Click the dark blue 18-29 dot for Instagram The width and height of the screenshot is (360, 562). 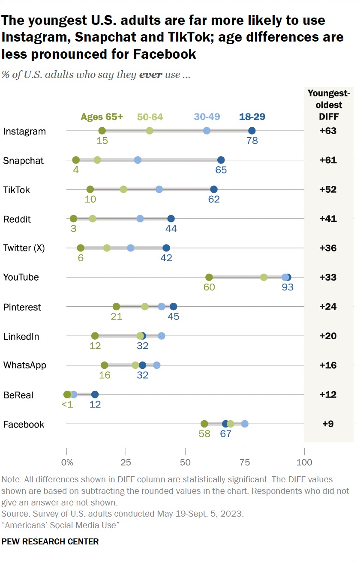[x=252, y=131]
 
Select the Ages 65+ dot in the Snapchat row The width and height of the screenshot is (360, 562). [x=76, y=160]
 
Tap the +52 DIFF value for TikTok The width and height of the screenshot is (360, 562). [x=328, y=189]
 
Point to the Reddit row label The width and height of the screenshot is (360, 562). [x=17, y=219]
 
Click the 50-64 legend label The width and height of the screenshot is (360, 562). [x=150, y=117]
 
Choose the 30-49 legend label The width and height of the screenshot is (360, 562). [x=207, y=117]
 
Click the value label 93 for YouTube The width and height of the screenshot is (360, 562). [x=287, y=287]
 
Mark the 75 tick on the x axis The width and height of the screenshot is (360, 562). [x=245, y=463]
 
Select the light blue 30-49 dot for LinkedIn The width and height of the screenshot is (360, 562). [x=162, y=336]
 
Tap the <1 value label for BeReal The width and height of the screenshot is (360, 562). [x=67, y=404]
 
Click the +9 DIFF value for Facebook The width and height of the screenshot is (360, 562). [x=328, y=424]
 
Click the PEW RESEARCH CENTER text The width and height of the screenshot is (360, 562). [x=50, y=541]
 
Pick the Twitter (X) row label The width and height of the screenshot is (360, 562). [x=24, y=248]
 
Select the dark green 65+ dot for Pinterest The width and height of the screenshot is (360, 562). [x=116, y=307]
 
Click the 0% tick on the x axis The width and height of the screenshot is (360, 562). [x=67, y=463]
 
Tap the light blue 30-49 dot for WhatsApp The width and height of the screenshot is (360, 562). [x=157, y=365]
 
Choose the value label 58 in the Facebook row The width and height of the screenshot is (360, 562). [x=204, y=434]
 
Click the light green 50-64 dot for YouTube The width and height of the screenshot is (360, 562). [x=264, y=277]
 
